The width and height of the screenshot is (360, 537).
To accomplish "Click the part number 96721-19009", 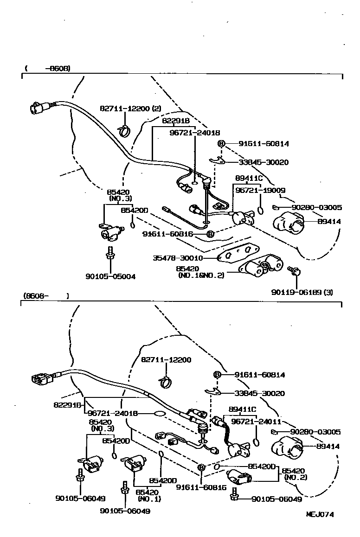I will pyautogui.click(x=260, y=190).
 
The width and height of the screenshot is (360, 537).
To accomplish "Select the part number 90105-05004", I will pyautogui.click(x=110, y=277).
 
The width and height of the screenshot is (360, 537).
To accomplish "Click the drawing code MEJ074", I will pyautogui.click(x=320, y=514).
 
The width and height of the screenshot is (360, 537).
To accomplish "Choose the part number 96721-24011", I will pyautogui.click(x=255, y=422).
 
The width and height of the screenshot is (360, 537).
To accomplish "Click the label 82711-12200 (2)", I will pyautogui.click(x=130, y=109).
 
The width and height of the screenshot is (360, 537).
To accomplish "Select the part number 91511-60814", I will pyautogui.click(x=264, y=144).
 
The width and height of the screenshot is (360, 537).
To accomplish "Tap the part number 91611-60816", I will pyautogui.click(x=167, y=234).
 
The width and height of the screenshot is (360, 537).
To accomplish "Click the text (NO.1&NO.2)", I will pyautogui.click(x=201, y=275).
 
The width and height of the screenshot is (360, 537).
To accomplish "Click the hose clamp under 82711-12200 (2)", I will pyautogui.click(x=124, y=131).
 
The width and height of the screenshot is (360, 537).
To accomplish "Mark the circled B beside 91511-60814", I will pyautogui.click(x=221, y=144).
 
